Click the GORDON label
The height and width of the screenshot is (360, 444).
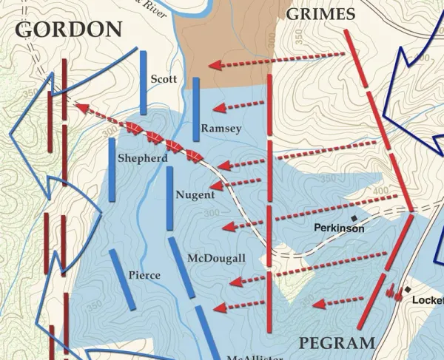[x=68, y=29]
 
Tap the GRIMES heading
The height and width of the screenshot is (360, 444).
[x=320, y=14]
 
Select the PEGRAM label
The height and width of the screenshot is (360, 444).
[x=337, y=342]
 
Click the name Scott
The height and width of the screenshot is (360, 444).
[x=164, y=79]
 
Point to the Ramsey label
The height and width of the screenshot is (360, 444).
[x=221, y=129]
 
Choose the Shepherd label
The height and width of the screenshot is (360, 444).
[x=142, y=158]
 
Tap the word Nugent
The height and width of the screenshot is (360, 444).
[x=195, y=195]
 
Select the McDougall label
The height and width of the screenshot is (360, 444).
[x=216, y=258]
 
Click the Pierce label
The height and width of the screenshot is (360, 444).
[x=144, y=275]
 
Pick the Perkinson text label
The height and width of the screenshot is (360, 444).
[x=339, y=228]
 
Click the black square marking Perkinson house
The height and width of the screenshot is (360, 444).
[x=354, y=218]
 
